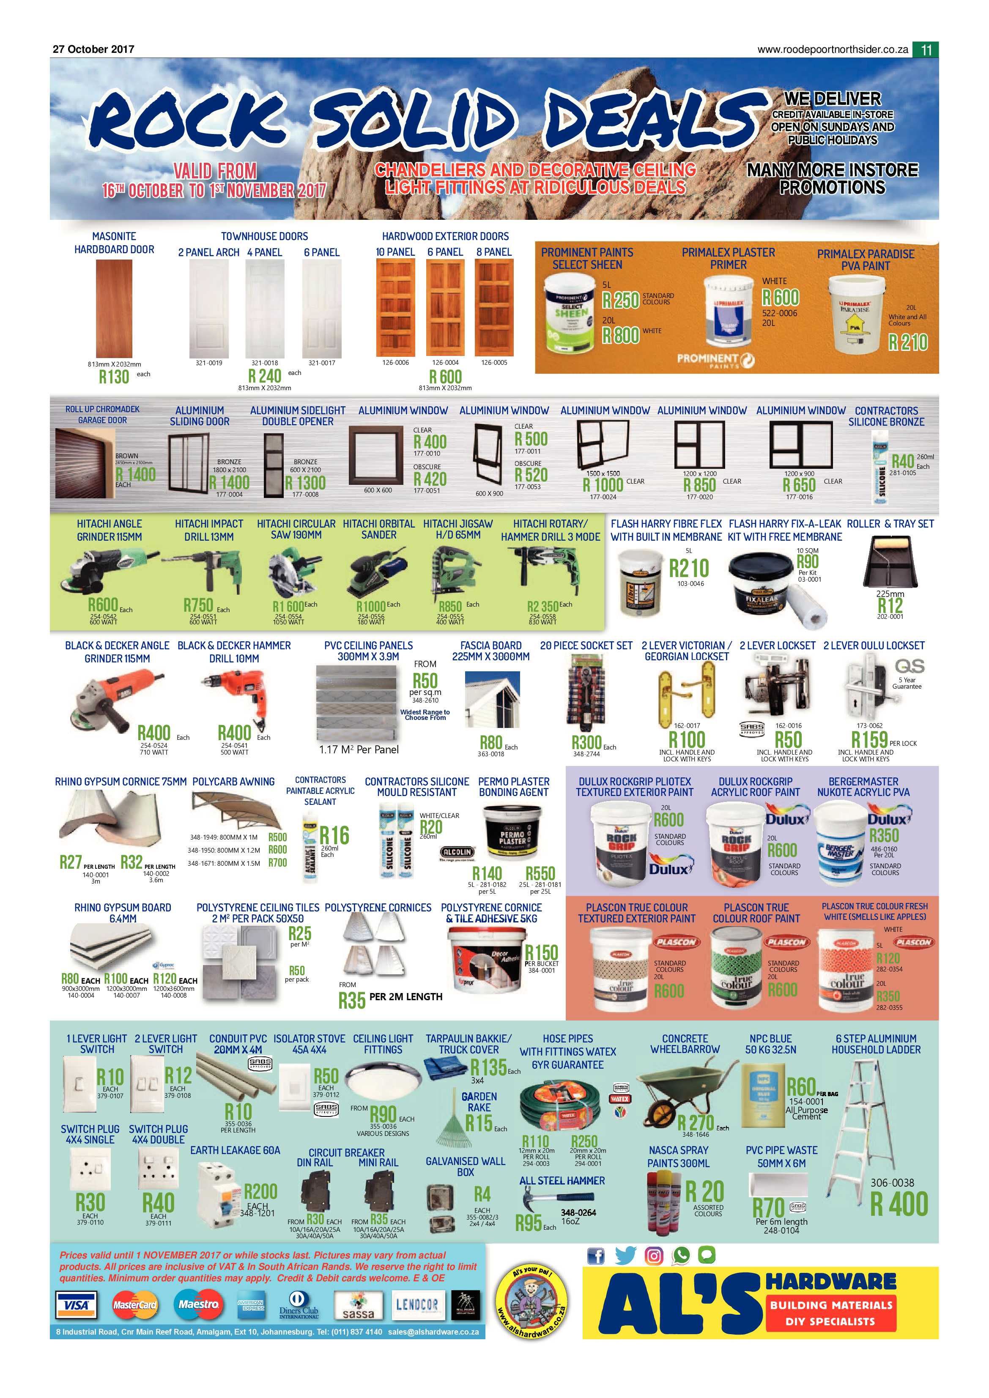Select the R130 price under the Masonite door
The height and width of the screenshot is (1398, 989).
(x=114, y=377)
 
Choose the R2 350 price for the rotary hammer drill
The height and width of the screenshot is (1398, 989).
(x=542, y=607)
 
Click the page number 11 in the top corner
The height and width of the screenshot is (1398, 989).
(x=926, y=50)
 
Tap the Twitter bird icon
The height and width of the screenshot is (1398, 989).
(x=625, y=1255)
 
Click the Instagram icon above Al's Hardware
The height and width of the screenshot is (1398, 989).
(x=653, y=1255)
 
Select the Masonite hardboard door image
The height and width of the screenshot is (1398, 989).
(x=114, y=308)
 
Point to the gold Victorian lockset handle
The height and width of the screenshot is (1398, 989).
(x=685, y=691)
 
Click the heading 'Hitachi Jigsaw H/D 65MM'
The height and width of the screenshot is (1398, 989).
(x=458, y=529)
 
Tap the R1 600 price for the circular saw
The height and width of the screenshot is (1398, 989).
(x=288, y=607)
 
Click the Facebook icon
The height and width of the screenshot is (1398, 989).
(x=596, y=1255)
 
